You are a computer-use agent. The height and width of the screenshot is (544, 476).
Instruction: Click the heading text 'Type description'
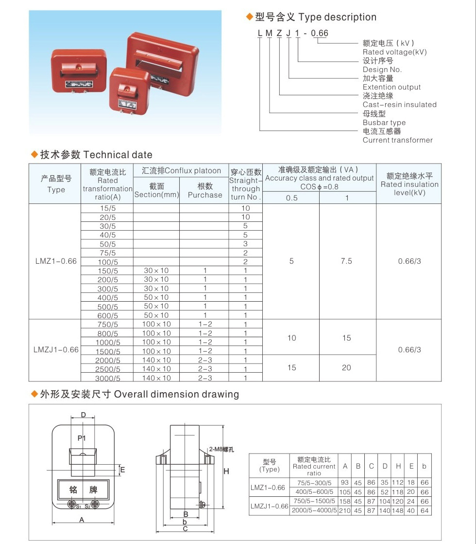coord(337,17)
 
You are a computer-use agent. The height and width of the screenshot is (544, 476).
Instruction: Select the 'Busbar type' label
coord(384,123)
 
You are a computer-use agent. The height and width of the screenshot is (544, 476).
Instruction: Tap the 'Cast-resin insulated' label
coord(399,105)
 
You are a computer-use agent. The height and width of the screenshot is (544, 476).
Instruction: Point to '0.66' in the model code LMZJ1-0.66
coord(320,33)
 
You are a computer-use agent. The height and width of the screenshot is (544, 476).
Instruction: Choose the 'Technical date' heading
coord(118,155)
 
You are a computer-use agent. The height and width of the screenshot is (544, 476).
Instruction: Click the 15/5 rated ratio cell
coord(108,208)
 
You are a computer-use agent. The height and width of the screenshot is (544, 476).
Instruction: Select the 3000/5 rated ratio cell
coord(108,378)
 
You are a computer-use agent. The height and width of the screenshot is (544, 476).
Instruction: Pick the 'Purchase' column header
coord(204,195)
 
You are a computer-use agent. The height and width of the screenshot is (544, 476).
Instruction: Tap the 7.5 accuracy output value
coord(346,261)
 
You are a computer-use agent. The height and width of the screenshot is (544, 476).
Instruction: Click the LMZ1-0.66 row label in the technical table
coord(56,261)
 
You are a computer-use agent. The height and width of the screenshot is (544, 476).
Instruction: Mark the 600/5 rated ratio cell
coord(108,315)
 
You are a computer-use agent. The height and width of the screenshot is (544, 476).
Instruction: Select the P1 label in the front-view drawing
coord(82,438)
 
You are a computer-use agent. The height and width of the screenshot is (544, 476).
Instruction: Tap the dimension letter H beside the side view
coord(226,471)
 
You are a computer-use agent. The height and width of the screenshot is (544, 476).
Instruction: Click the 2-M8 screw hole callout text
coord(221,449)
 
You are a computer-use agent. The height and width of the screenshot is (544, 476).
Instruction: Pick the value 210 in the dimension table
coord(345,510)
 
